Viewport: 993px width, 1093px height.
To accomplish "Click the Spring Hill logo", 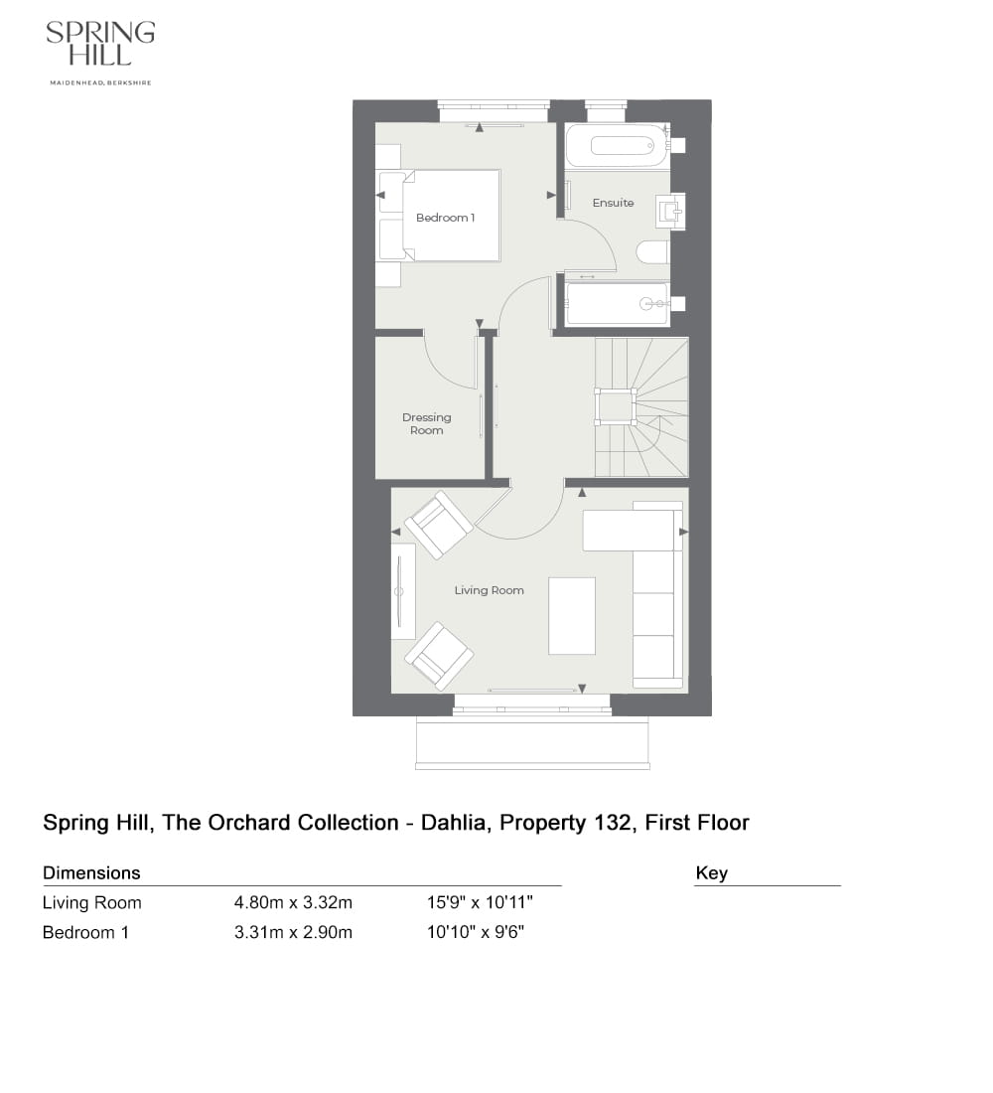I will pos(100,51).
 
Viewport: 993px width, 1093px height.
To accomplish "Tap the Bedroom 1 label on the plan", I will pos(445,218).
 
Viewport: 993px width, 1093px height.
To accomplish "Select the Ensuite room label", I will pos(613,203).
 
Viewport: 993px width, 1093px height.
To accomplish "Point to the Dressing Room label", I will pos(426,424).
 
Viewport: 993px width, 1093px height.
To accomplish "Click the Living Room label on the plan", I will pos(489,590).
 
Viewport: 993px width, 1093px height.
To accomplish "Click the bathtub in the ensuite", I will pos(616,145).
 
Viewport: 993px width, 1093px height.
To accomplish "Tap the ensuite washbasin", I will pos(669,211).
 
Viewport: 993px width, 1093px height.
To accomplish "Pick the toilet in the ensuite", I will pos(653,252).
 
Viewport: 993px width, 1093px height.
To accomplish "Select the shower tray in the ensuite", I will pos(616,304).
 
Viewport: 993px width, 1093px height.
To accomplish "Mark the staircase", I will pos(640,406).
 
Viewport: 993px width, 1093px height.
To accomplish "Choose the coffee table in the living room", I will pos(571,616).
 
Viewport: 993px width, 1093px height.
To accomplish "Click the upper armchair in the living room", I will pos(438,524).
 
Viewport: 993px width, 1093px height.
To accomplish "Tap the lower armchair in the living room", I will pos(438,656).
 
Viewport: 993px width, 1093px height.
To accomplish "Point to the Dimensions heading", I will pos(91,873).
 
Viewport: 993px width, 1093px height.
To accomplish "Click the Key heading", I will pos(711,873).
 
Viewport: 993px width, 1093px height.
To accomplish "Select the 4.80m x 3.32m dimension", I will pos(293,903).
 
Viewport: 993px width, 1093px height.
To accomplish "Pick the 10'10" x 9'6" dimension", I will pos(475,933).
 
